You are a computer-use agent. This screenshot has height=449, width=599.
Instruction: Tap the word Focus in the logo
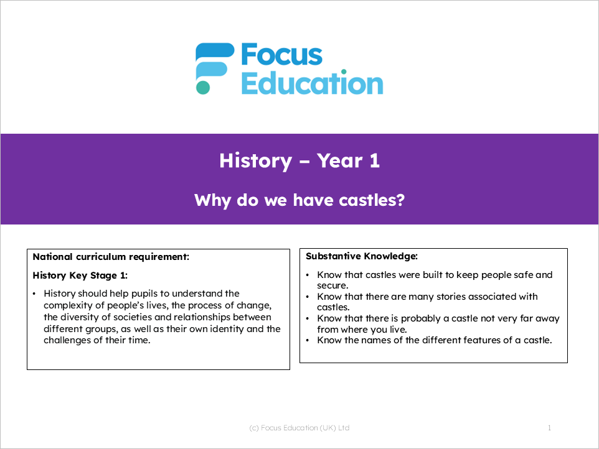282,55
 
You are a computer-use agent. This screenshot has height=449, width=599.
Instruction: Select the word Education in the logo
312,82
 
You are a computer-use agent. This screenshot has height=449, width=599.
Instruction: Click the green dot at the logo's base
203,87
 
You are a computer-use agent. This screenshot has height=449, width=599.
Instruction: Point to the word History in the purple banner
255,161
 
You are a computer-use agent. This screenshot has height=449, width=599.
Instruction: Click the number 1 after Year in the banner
375,160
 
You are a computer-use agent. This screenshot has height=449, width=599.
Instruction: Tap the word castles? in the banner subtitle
372,200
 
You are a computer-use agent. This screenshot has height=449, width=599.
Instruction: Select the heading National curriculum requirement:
111,257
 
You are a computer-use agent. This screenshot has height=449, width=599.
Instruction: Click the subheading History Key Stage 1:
80,275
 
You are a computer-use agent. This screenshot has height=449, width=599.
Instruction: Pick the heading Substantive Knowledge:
362,256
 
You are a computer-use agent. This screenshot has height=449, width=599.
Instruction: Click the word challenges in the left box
67,340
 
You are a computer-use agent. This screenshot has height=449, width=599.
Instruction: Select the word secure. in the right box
333,285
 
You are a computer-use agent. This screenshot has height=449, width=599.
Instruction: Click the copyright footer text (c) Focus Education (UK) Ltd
299,428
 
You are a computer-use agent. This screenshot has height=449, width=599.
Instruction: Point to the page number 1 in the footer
549,428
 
